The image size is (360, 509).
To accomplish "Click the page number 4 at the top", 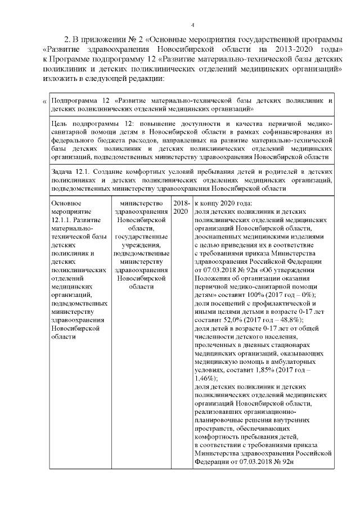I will pyautogui.click(x=192, y=25).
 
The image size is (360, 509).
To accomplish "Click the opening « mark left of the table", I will pyautogui.click(x=45, y=102).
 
